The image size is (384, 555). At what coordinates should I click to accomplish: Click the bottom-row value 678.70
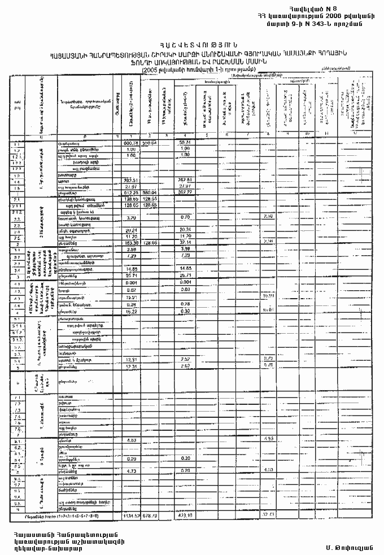(x=150, y=515)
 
